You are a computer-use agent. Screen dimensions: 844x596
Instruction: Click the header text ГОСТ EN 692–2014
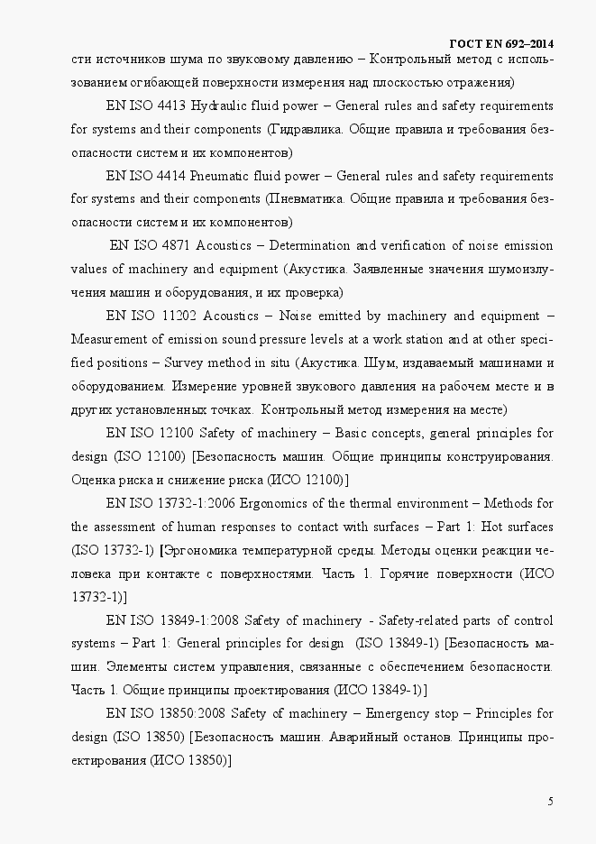[x=500, y=43]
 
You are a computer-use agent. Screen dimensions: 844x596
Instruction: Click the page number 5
[x=550, y=802]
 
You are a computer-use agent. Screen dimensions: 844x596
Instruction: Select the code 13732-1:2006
[x=190, y=503]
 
